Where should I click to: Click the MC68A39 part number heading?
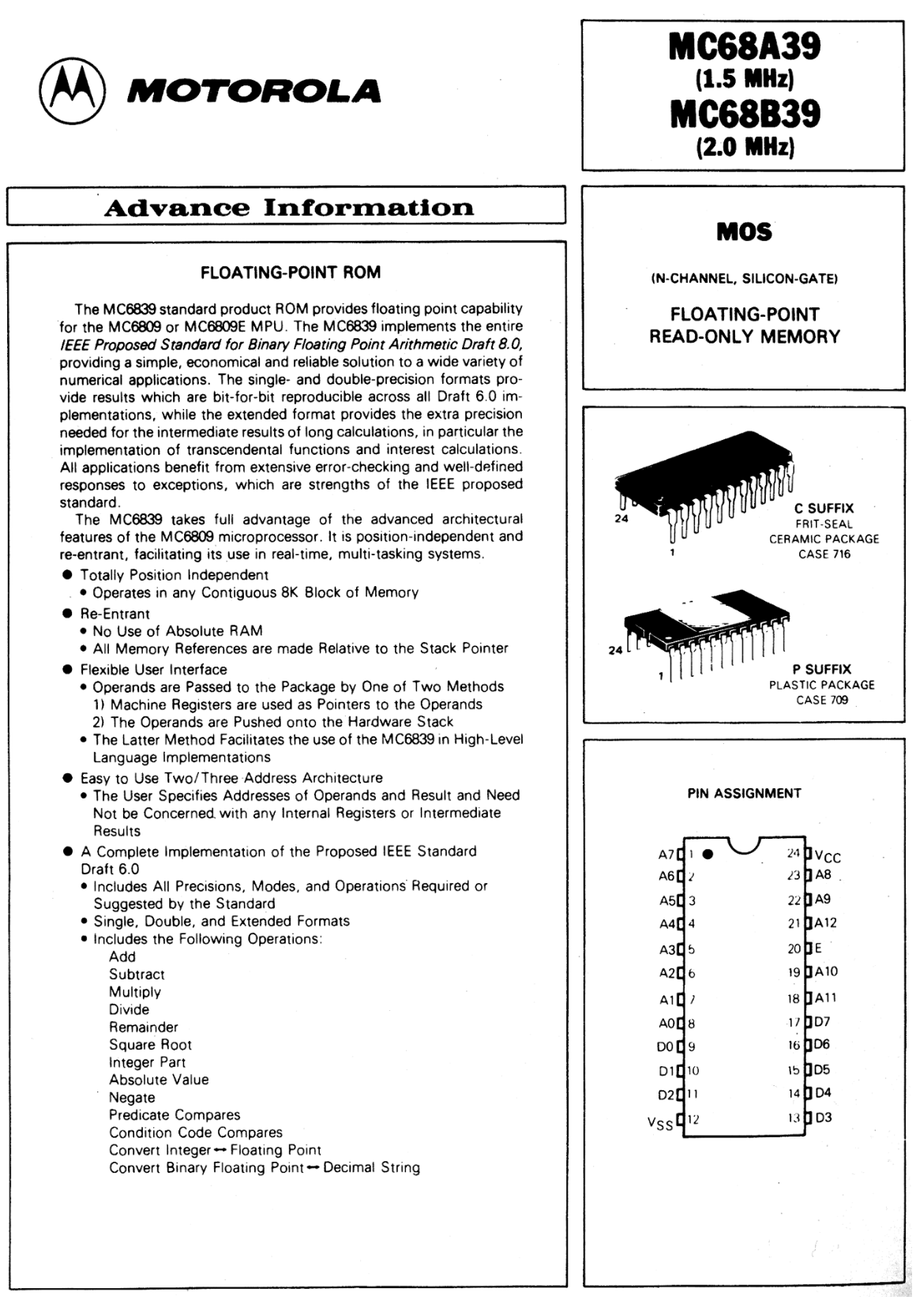point(744,47)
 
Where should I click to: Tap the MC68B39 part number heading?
point(744,114)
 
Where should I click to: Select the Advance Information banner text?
point(288,208)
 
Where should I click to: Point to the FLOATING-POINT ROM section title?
point(290,272)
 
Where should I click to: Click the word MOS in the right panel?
point(744,232)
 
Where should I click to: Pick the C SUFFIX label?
point(824,509)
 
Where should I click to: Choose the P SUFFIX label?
point(821,669)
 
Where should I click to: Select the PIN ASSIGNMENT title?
point(744,793)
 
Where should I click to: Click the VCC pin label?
point(828,856)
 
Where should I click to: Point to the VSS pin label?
point(660,1122)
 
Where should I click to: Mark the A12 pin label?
point(825,922)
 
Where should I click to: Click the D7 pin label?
point(822,1021)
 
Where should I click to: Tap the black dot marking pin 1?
point(708,854)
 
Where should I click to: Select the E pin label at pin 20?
point(818,949)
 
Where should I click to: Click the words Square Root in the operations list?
point(150,1044)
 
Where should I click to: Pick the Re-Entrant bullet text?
point(114,614)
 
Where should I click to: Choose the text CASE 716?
point(824,554)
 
